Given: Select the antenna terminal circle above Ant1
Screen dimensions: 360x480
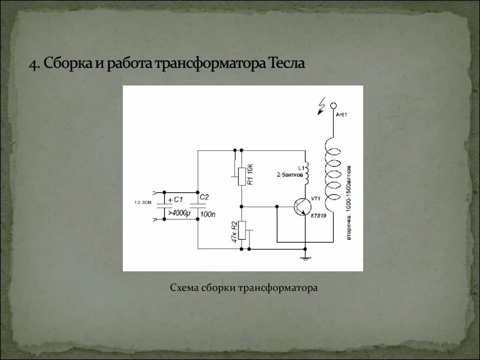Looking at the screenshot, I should [334, 106].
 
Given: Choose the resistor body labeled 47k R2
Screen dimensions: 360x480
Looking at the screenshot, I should [242, 230].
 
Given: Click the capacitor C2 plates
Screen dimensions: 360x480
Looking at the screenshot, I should [198, 206].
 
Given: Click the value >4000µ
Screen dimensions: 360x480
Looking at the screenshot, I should [179, 213].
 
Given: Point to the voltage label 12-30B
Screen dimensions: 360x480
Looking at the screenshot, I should [142, 202].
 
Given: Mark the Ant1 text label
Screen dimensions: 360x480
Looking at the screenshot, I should [342, 114].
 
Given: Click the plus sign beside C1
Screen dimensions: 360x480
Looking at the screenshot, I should [170, 200].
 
